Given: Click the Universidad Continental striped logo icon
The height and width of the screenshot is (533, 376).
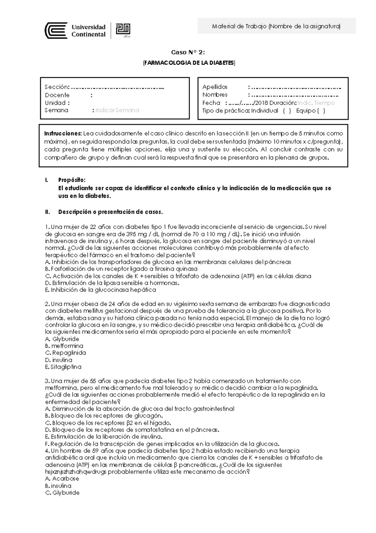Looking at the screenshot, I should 56,30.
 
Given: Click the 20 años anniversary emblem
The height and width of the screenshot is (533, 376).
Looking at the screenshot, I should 123,30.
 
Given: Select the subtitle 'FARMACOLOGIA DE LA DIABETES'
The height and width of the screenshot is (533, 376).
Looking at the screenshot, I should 189,63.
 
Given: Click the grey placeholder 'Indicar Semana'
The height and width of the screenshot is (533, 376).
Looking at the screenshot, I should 117,110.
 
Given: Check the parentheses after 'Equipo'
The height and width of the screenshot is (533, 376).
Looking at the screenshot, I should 321,111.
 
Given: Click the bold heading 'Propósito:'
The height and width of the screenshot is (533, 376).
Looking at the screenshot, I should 71,180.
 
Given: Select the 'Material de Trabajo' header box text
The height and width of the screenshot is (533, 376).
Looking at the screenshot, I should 276,26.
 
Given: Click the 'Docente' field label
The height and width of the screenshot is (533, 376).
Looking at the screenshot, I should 57,95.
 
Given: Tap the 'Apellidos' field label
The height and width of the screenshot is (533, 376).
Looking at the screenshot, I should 215,87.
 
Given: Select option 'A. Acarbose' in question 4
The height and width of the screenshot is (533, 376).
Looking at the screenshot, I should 62,479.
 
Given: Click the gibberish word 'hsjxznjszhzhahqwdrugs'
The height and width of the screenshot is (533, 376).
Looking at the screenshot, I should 80,472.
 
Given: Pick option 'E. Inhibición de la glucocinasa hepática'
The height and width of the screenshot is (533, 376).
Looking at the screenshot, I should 101,290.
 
